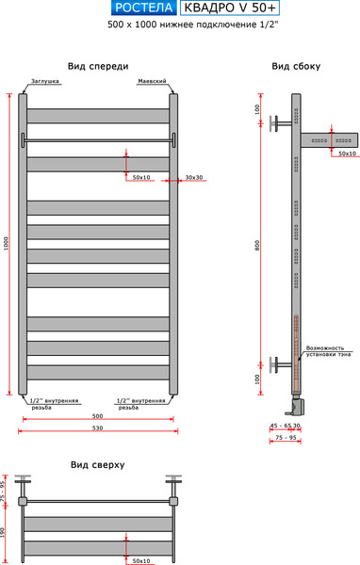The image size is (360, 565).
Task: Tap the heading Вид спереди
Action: (98, 66)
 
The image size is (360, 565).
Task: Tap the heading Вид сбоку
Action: (296, 66)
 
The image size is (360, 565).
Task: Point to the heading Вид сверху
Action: (97, 465)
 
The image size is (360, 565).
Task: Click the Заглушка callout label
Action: (45, 82)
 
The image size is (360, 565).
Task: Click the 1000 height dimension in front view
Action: (7, 243)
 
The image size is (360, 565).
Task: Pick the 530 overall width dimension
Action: (97, 428)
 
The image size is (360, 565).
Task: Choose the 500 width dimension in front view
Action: (97, 414)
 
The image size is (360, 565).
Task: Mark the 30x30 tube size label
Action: (194, 177)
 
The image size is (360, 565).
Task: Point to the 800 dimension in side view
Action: (255, 245)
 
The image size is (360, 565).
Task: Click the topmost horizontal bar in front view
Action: (98, 116)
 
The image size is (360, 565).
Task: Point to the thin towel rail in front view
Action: (98, 140)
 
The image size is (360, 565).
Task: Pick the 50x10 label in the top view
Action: (141, 560)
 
